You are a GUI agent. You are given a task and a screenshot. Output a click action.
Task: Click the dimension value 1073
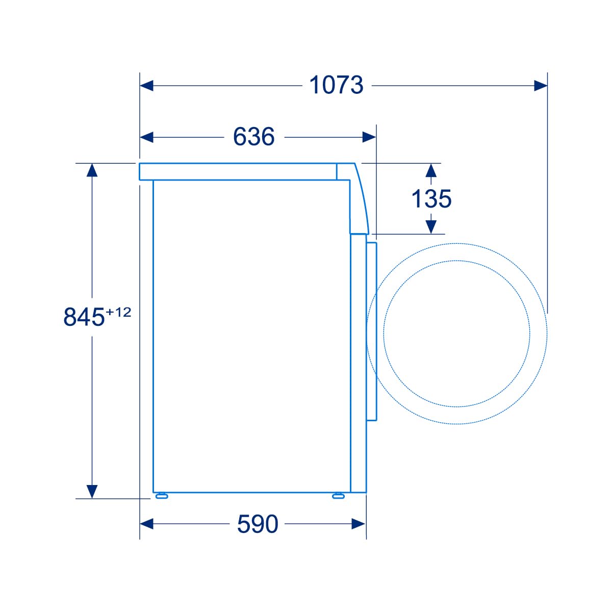pos(336,85)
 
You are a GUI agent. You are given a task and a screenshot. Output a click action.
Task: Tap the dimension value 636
pos(254,137)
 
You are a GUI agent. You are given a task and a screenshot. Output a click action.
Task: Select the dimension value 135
pos(431,199)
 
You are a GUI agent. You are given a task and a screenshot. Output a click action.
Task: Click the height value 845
pos(84,317)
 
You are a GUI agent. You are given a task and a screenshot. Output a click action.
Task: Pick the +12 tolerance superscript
pos(118,312)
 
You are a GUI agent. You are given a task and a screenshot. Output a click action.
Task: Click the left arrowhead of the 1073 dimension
pos(147,86)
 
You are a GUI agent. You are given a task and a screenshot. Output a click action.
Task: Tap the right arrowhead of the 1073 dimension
pos(541,86)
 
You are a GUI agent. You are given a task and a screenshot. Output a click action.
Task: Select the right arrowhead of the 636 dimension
pos(369,137)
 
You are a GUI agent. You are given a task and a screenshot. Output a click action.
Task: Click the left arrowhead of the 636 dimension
pos(147,137)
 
